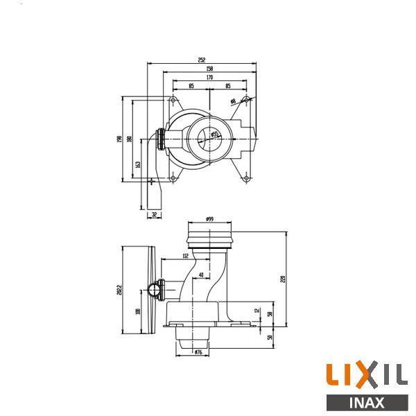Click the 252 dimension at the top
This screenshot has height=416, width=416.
pos(202,60)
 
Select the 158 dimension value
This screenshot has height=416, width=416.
pos(209,69)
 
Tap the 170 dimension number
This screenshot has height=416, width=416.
pos(209,78)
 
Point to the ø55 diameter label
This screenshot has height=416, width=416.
pos(215,133)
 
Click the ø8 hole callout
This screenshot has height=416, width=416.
pos(234,101)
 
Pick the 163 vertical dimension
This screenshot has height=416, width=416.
pos(139,164)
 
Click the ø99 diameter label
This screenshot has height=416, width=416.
pos(209,219)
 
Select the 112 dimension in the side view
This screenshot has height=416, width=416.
pos(185,257)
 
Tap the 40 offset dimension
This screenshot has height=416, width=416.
pos(200,275)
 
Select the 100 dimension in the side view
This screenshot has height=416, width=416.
pos(138,311)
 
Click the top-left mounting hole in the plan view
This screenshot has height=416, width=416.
pos(172,101)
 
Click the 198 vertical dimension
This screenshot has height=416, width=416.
pos(120,139)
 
